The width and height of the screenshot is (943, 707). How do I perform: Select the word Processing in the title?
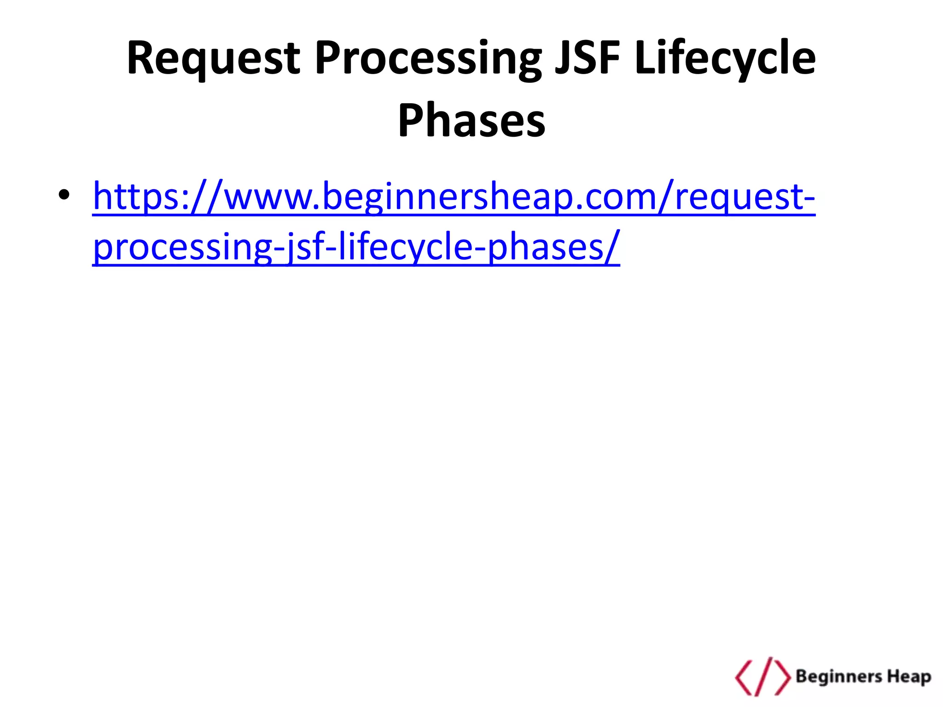point(428,58)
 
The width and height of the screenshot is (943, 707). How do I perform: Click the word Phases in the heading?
point(471,121)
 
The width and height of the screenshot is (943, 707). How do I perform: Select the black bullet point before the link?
point(64,195)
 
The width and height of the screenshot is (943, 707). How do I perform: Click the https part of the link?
point(139,197)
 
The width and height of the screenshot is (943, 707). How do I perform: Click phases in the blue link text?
point(544,248)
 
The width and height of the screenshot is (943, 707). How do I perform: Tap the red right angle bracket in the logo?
point(783,677)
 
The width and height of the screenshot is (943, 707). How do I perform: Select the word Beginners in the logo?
point(838,677)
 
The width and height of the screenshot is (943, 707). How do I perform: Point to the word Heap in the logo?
point(909,677)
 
